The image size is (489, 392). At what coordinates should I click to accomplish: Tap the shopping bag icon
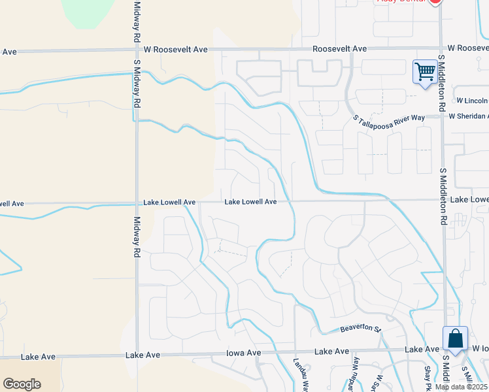tap(455, 338)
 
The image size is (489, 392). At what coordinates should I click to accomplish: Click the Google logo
tap(22, 384)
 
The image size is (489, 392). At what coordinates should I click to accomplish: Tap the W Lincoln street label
tap(472, 101)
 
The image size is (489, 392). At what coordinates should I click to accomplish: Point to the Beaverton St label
tap(360, 329)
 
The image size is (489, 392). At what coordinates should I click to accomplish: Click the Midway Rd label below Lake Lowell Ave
tap(137, 236)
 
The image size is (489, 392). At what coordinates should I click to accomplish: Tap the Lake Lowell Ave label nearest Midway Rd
tap(169, 203)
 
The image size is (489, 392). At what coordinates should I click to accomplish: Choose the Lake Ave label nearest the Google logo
tap(37, 357)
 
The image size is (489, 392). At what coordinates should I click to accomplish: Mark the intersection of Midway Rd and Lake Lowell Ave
tap(137, 203)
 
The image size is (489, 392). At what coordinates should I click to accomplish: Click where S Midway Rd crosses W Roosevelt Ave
tap(137, 50)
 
